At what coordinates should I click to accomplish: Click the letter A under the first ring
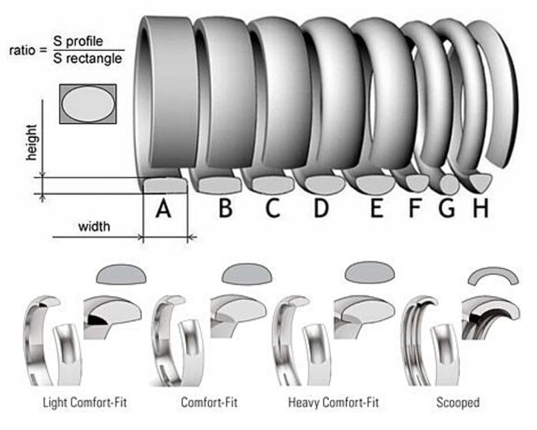[x=163, y=209]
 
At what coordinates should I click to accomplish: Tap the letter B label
[x=226, y=208]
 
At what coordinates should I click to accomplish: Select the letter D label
[x=321, y=208]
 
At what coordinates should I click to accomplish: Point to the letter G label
[x=447, y=208]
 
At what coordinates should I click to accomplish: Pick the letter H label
[x=481, y=208]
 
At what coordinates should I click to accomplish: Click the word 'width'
[x=94, y=226]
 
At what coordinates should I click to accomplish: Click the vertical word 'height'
[x=31, y=142]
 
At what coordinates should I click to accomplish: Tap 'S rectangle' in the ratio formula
[x=88, y=58]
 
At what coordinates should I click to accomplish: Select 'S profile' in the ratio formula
[x=78, y=41]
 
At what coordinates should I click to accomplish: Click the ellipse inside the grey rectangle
[x=88, y=104]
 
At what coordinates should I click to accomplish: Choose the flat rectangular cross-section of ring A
[x=165, y=185]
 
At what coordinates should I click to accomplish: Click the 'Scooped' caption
[x=458, y=402]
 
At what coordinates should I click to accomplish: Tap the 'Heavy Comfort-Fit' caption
[x=334, y=402]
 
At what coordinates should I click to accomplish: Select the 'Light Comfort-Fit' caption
[x=85, y=402]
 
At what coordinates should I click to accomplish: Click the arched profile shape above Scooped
[x=493, y=276]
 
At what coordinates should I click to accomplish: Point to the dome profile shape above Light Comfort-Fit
[x=122, y=274]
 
